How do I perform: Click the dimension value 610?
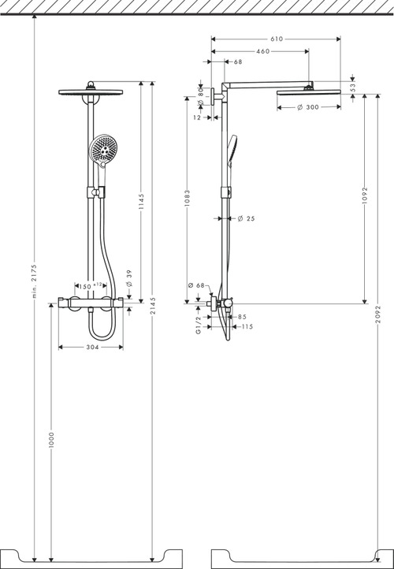click(277, 38)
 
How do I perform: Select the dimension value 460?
click(262, 51)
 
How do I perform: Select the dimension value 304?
click(91, 344)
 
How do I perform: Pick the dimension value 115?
click(247, 326)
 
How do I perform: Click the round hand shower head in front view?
click(102, 149)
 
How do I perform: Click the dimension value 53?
click(353, 87)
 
